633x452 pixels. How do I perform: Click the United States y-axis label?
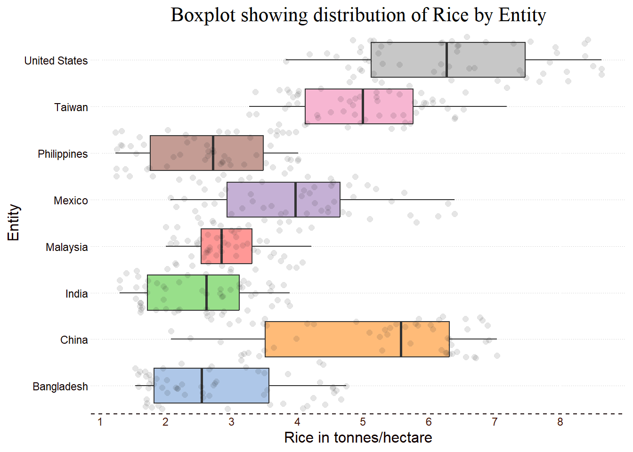(x=56, y=61)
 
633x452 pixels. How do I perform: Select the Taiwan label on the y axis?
(x=71, y=107)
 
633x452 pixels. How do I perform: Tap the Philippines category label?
(x=63, y=154)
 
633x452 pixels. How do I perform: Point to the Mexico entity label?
(x=71, y=201)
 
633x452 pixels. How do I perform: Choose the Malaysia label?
(x=66, y=247)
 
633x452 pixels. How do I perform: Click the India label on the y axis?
(x=76, y=294)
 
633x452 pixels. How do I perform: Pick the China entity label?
(x=74, y=340)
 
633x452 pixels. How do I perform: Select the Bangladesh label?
(x=60, y=387)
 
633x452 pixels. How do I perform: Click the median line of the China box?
(x=401, y=339)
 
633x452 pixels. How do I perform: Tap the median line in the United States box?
(x=446, y=60)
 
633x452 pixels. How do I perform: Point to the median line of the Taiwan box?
(x=363, y=106)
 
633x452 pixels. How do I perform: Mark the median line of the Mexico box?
(x=295, y=200)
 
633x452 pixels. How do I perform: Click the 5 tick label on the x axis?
(x=363, y=422)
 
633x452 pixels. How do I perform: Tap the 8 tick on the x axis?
(x=560, y=422)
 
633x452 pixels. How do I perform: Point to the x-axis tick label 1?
(x=100, y=422)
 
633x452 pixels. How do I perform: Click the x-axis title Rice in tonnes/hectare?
(x=358, y=438)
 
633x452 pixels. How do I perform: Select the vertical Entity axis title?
(x=14, y=222)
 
